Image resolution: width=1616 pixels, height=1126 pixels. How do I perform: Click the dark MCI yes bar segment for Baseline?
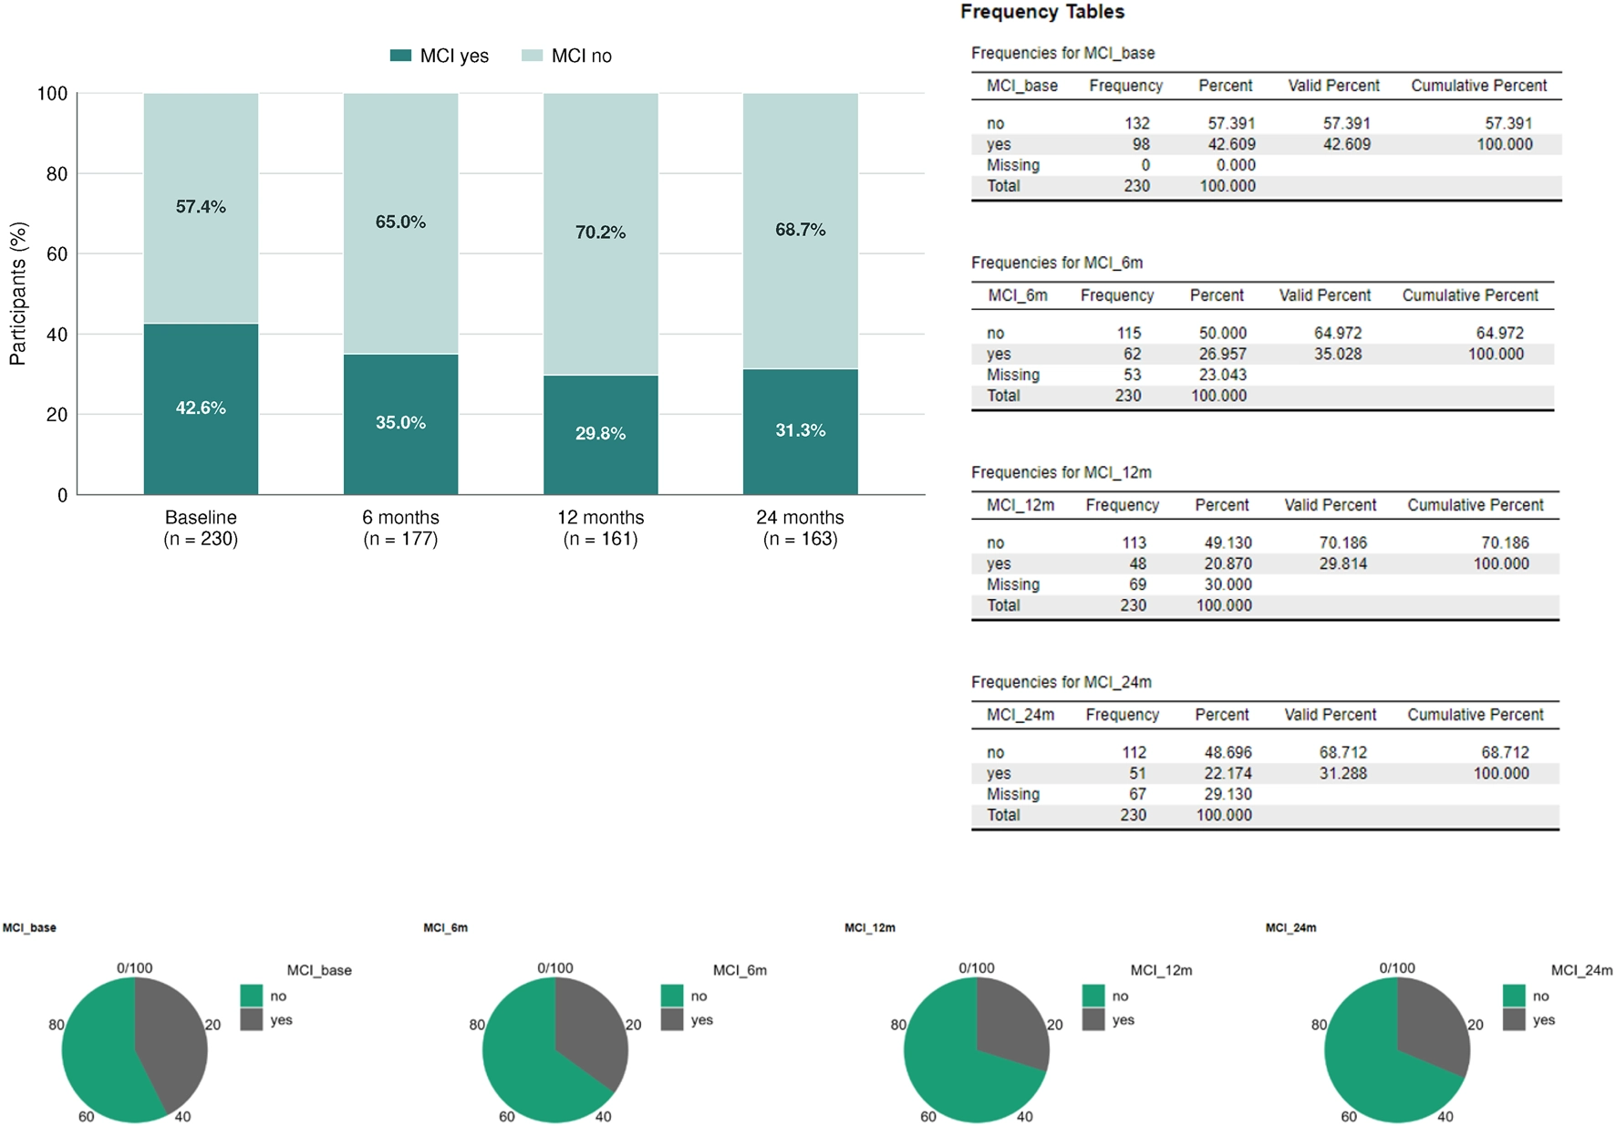pos(201,408)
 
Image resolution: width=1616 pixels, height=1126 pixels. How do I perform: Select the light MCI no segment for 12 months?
pos(600,233)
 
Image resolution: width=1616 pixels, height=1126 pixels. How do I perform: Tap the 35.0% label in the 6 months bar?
pos(400,422)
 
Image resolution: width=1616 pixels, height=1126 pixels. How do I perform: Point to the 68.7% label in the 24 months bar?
pos(800,230)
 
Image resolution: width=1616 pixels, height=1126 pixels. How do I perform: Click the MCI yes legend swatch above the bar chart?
pos(400,56)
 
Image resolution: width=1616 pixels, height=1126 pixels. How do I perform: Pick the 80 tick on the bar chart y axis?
pos(57,173)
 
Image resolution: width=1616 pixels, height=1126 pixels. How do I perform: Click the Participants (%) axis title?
pos(17,294)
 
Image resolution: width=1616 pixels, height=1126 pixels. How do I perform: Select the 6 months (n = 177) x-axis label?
pos(400,528)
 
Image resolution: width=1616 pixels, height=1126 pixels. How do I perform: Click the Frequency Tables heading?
pos(1042,12)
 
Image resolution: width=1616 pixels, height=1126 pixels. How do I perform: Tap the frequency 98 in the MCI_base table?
pos(1141,144)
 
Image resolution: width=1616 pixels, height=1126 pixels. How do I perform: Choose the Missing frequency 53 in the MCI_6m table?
pos(1132,375)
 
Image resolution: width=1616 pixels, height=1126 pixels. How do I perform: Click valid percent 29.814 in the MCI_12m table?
pos(1342,563)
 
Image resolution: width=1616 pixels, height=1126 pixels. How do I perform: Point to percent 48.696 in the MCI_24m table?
pos(1228,752)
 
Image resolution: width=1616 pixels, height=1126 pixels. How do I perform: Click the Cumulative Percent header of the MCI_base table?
pos(1478,86)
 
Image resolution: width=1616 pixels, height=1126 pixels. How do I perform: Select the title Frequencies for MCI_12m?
pos(1061,472)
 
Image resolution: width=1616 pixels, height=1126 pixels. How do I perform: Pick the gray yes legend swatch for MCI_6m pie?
pos(672,1019)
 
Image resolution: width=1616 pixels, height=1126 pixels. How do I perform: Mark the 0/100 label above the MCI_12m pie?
pos(976,967)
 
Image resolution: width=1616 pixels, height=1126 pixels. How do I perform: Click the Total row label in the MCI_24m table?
pos(1003,815)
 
